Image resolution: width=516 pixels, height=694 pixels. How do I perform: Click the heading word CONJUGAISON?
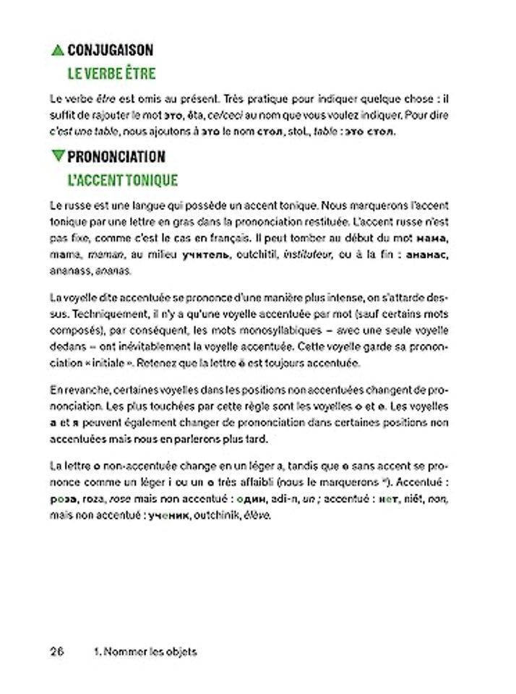110,51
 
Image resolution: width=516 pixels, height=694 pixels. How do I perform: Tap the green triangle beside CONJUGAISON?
58,51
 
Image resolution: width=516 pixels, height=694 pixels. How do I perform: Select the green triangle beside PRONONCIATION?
58,156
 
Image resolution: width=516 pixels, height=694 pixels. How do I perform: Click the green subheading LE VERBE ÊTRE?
111,74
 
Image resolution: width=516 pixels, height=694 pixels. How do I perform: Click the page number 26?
58,651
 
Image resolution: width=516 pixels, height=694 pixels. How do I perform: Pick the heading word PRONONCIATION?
117,156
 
